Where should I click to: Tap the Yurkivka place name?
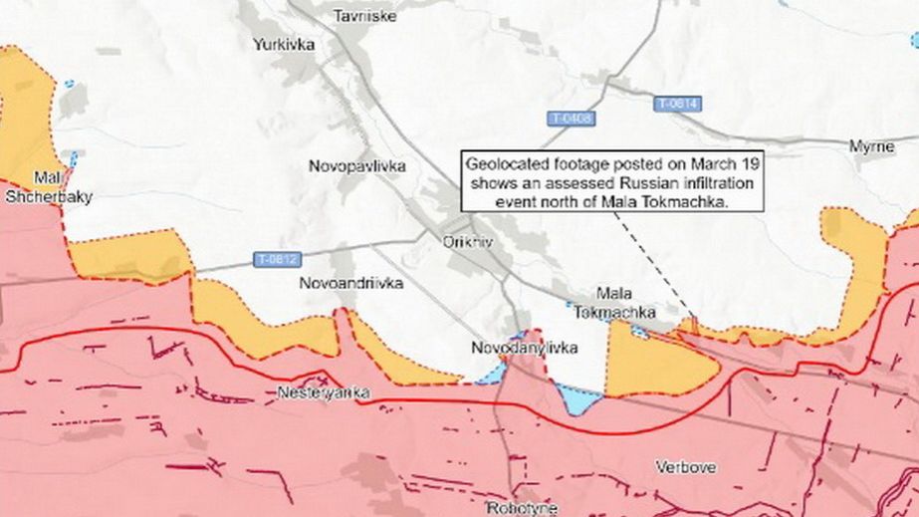tap(284, 45)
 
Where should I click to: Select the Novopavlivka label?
tap(357, 166)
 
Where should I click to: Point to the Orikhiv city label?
tap(463, 241)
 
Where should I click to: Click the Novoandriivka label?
tap(351, 283)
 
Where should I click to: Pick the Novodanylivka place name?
tap(524, 348)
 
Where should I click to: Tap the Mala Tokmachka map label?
tap(614, 303)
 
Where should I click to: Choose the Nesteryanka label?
tap(324, 393)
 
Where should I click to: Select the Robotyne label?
tap(523, 507)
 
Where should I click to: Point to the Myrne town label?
tap(871, 146)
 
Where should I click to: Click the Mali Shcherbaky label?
tap(49, 188)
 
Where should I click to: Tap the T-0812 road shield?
tap(276, 260)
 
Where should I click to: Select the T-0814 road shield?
tap(678, 104)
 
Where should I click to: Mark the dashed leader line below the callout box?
tap(651, 260)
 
